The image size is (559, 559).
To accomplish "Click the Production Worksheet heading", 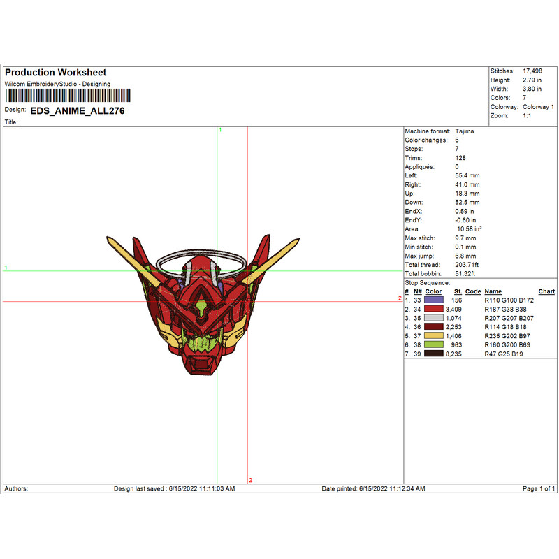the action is [56, 73].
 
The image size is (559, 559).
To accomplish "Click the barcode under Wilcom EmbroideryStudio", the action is [68, 96].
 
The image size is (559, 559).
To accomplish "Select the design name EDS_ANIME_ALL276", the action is [78, 111].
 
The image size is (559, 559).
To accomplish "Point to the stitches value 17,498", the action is [532, 71].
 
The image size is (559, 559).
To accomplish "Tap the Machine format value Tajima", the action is [464, 131].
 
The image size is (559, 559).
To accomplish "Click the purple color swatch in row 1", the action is [433, 300].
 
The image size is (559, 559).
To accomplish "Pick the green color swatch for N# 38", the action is [433, 344].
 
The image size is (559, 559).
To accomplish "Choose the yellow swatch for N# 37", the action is [433, 336].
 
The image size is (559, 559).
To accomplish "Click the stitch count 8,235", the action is [453, 354].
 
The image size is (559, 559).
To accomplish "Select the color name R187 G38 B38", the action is [505, 310].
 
